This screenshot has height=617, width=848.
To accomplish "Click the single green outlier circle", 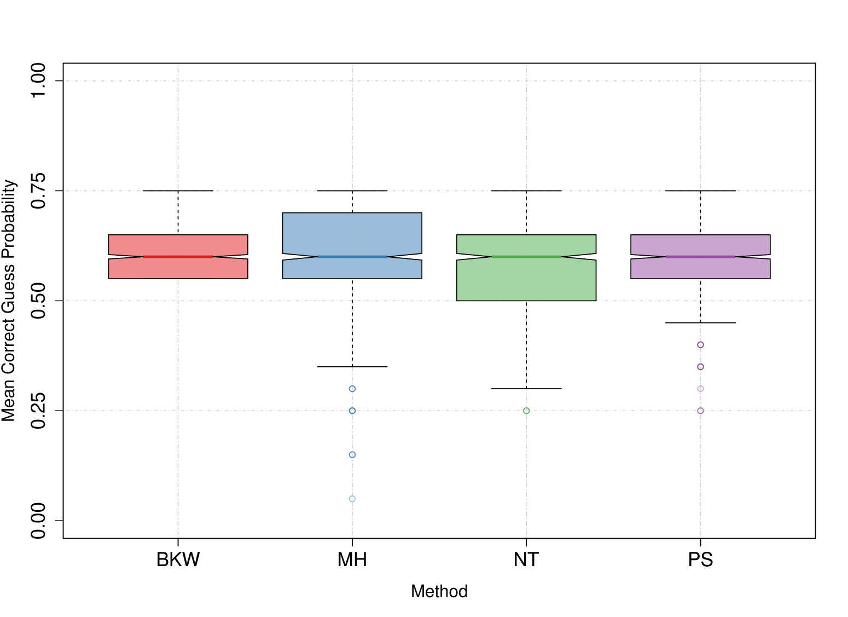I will tap(526, 411).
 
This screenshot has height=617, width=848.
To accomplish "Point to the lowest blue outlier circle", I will tap(352, 499).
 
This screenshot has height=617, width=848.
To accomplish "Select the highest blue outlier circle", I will tap(352, 389).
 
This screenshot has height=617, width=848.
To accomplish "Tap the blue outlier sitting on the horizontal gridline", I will tap(352, 411).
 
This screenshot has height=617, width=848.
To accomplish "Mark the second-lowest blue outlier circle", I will tap(352, 454).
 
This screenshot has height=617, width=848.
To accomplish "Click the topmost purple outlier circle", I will tap(700, 345).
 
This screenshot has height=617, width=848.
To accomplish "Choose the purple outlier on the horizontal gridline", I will tap(700, 411).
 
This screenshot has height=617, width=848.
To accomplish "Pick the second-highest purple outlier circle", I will tap(700, 367).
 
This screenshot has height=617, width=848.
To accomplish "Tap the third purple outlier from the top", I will tap(700, 389).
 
